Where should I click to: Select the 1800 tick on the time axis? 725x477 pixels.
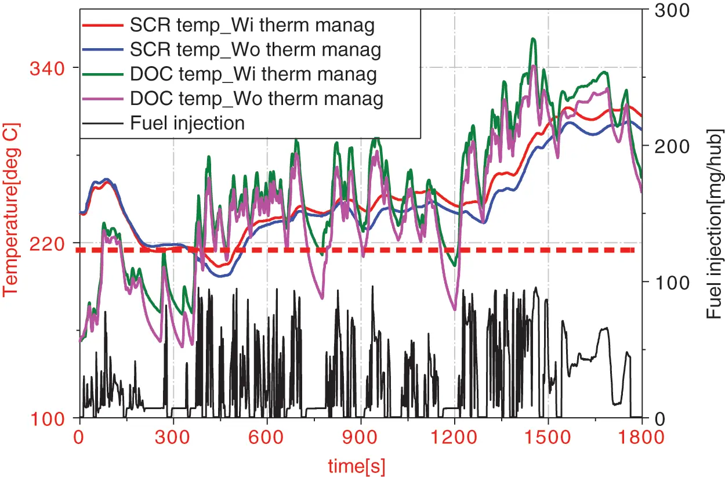[641, 435]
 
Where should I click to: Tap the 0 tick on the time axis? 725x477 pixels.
[79, 435]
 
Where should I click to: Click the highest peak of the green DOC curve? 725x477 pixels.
[532, 39]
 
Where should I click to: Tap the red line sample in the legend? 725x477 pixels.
[103, 26]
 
